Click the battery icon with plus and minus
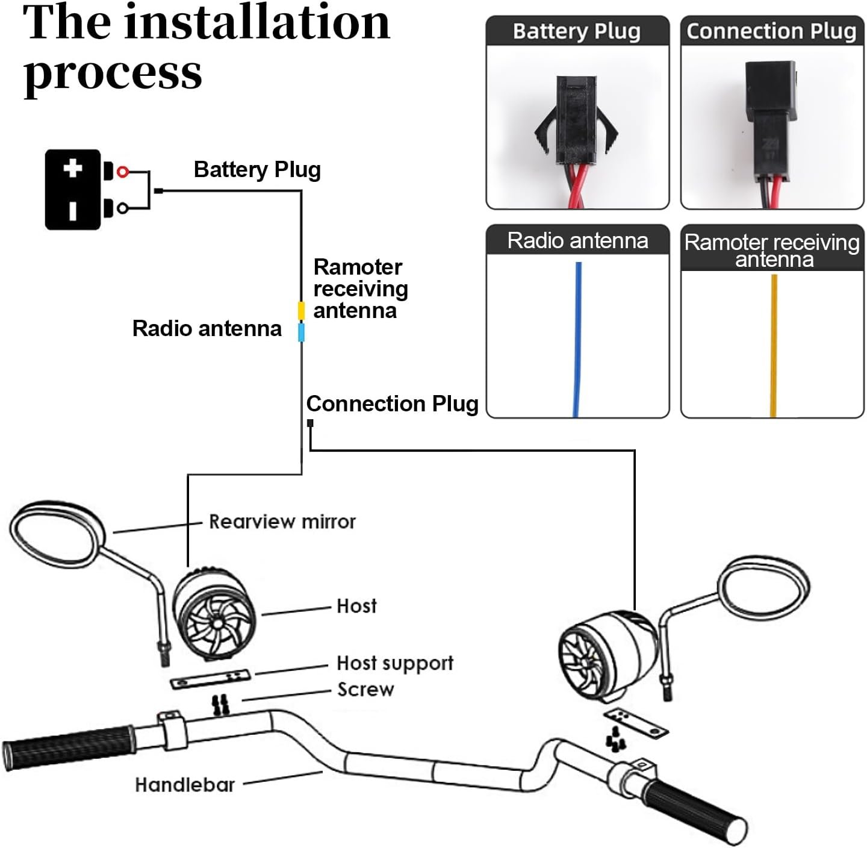tap(73, 189)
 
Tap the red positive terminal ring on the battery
tap(123, 172)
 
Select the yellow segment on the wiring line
tap(301, 310)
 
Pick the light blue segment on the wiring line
tap(301, 332)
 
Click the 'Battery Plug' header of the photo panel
tap(577, 31)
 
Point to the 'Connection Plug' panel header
tap(771, 31)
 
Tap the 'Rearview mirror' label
tap(282, 522)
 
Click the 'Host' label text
tap(356, 606)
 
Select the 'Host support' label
tap(394, 663)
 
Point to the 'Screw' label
tap(365, 690)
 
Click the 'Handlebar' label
tap(185, 785)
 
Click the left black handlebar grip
tap(69, 747)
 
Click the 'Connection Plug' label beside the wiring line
tap(392, 404)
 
